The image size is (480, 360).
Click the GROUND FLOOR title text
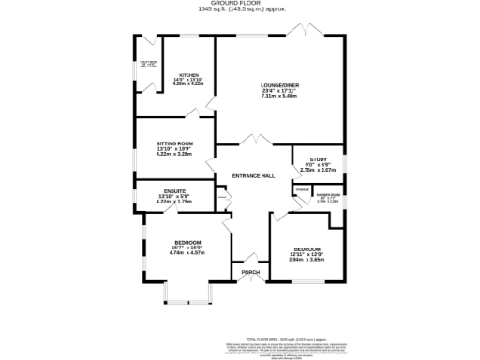239,4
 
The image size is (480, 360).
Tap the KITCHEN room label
189,75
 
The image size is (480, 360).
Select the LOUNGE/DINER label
279,85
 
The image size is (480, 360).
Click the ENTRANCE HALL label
253,176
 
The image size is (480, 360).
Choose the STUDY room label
317,159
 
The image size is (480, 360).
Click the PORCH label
250,272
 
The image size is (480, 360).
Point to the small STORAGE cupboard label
302,190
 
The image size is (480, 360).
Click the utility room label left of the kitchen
148,64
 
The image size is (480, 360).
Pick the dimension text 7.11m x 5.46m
279,96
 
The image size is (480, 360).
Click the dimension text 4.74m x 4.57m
187,253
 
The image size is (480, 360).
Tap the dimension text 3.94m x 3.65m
306,259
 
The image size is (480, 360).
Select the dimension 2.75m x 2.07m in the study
317,170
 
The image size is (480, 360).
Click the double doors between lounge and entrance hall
249,141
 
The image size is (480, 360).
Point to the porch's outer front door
250,280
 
